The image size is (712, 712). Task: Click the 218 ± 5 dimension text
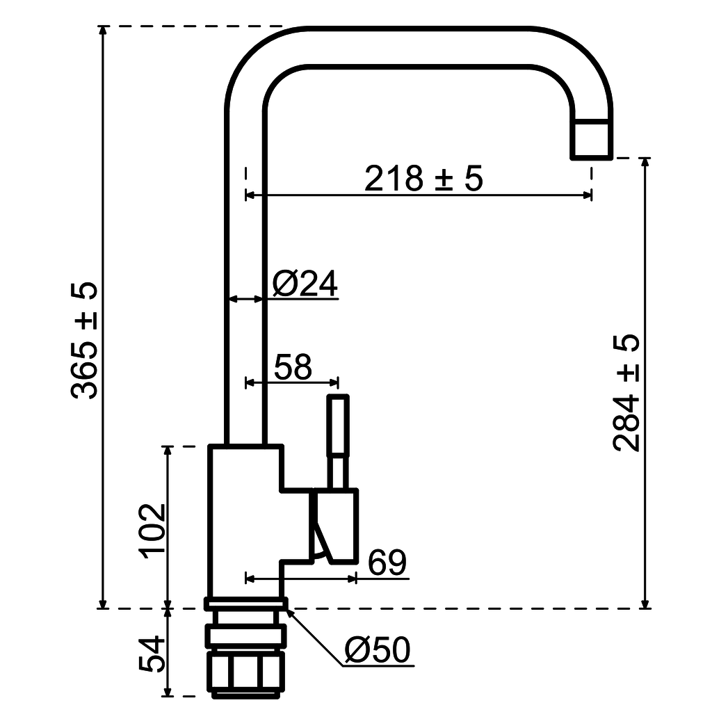423,179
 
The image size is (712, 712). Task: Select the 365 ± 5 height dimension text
85,341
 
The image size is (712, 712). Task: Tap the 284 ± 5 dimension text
626,393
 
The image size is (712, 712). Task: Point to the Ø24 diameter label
305,284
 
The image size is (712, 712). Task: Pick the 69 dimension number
387,563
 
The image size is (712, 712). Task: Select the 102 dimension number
152,530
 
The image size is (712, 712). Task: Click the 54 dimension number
152,654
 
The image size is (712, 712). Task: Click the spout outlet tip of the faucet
592,139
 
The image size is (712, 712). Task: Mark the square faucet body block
245,521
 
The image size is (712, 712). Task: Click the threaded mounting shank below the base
245,661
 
